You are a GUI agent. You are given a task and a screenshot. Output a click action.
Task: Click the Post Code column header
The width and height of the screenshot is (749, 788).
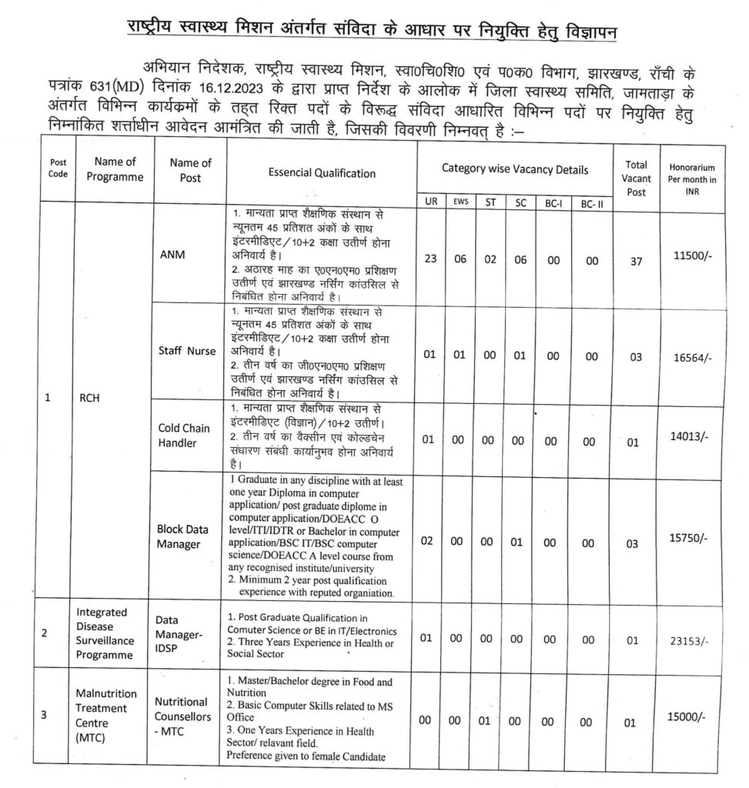coord(59,169)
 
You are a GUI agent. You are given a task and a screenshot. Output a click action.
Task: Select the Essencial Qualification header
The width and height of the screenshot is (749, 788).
coord(322,173)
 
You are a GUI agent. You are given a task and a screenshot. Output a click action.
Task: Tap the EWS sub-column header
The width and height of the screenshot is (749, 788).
coord(460,202)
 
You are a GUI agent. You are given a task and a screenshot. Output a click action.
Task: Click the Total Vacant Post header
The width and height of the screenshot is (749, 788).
coord(636,179)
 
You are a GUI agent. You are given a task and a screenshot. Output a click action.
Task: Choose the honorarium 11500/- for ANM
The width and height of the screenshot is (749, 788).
coord(694,254)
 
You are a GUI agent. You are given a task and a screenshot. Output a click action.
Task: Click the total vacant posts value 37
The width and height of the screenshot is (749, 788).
coord(635,261)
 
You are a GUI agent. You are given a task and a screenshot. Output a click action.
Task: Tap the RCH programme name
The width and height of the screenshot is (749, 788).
coord(90,398)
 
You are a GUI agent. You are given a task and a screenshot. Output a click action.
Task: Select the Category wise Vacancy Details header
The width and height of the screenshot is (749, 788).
coord(515,169)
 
